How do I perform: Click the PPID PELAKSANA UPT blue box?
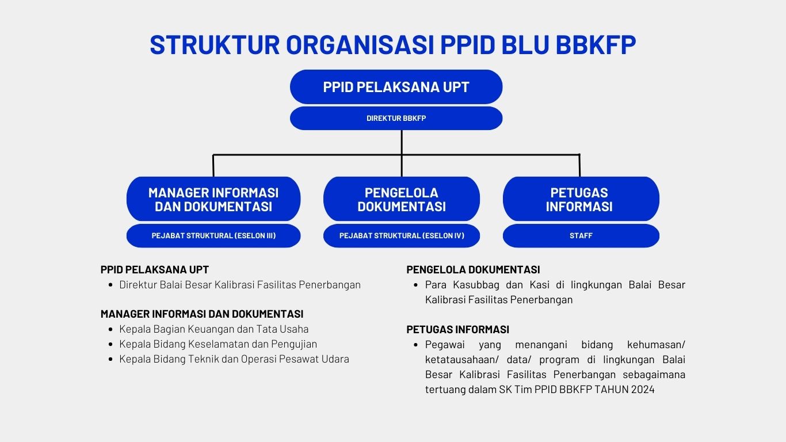click(x=396, y=87)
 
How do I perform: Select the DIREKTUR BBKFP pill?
click(x=396, y=119)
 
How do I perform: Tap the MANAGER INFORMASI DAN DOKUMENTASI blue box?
click(x=213, y=199)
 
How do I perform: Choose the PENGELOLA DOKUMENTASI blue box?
click(x=402, y=199)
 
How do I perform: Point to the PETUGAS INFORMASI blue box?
click(x=581, y=199)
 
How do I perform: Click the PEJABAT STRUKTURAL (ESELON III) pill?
click(x=213, y=235)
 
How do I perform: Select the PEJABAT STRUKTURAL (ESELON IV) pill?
click(x=402, y=235)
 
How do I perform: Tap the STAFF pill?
click(x=581, y=235)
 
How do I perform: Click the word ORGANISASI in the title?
click(x=360, y=45)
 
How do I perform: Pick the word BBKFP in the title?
click(x=596, y=45)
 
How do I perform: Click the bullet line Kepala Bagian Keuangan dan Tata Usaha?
click(x=213, y=329)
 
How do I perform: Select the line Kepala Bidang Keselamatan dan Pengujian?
click(x=218, y=344)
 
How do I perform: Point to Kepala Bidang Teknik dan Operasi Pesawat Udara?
click(x=234, y=359)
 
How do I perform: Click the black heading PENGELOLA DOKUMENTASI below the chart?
click(x=473, y=269)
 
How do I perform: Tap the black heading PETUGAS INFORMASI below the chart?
click(x=457, y=329)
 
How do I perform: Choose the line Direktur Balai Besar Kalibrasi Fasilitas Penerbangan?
click(x=240, y=285)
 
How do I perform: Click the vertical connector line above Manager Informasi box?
click(x=213, y=165)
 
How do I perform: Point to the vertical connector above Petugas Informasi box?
click(x=579, y=165)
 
